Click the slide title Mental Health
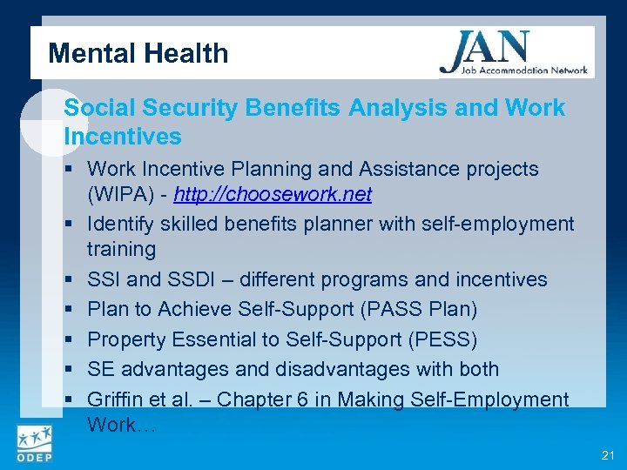[x=138, y=53]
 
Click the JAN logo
[x=514, y=52]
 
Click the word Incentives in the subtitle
[x=123, y=136]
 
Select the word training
[x=121, y=249]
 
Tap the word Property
[x=126, y=339]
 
